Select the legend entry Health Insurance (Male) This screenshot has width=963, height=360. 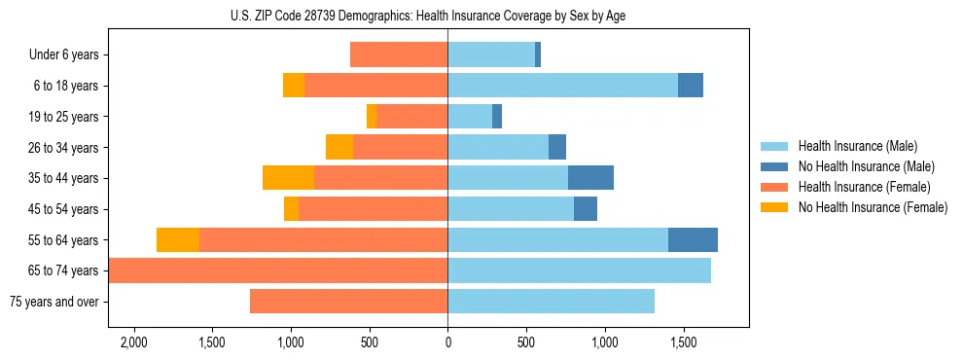(857, 147)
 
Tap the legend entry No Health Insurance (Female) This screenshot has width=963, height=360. (873, 207)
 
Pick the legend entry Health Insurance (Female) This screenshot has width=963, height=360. (864, 187)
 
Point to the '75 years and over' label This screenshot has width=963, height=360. (53, 302)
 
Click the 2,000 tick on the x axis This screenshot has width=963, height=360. (133, 343)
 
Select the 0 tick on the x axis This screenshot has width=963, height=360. (447, 343)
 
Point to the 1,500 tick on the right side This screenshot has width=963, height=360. (683, 343)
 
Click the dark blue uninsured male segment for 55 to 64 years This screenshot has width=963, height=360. (693, 240)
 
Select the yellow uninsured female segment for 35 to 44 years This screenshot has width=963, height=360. (288, 178)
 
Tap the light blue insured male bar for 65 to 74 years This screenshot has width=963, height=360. (579, 270)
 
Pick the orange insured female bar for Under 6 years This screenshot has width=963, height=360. (399, 55)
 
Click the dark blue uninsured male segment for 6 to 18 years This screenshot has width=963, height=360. (691, 86)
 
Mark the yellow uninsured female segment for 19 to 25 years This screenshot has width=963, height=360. (372, 117)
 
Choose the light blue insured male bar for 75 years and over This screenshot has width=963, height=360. (551, 302)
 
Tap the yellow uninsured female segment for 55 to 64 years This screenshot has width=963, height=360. (178, 240)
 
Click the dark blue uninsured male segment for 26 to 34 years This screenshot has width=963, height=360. (557, 148)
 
